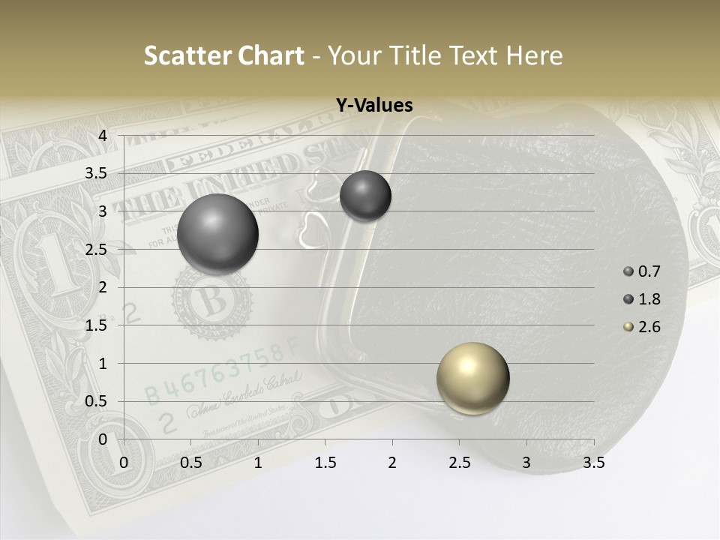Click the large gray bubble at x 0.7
217,234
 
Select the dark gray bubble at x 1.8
365,196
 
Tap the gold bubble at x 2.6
472,378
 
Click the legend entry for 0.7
643,271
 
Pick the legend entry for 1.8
643,299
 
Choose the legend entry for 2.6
643,327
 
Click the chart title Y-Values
373,106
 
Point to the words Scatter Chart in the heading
223,55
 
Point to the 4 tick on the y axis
103,135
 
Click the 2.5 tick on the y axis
97,249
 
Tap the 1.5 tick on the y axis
97,325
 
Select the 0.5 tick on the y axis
97,401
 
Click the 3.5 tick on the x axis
593,463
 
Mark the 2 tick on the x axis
392,463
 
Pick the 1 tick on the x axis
258,463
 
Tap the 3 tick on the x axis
526,463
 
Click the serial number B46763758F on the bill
221,372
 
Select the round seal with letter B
212,301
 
